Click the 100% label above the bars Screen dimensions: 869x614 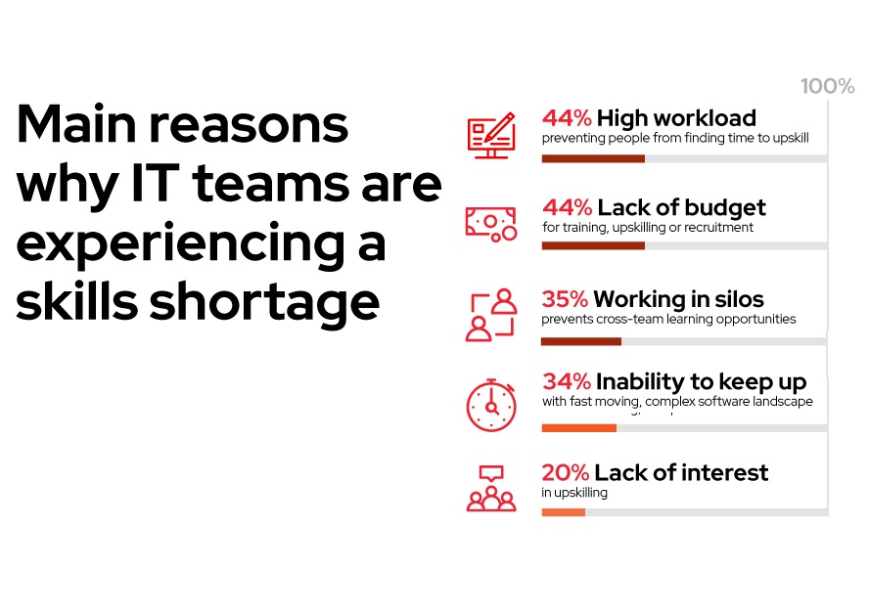(x=828, y=86)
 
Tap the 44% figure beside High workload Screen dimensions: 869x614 (x=567, y=118)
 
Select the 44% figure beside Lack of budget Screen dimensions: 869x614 (x=568, y=207)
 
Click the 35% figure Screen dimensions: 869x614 (x=565, y=299)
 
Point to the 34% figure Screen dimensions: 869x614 (x=567, y=381)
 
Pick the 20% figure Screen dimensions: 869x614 (x=566, y=473)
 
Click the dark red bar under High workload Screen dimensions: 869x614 (x=593, y=159)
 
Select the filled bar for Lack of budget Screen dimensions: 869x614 (x=593, y=245)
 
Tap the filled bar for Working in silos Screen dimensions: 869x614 (x=581, y=341)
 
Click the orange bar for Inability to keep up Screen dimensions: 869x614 (x=579, y=428)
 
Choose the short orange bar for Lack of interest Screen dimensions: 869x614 (x=563, y=512)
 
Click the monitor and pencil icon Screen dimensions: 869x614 (x=491, y=136)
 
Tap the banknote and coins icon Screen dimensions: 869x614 (x=491, y=224)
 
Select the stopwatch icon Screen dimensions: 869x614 (x=491, y=405)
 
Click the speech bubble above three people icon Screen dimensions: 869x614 (x=491, y=488)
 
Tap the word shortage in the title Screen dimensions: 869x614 (x=264, y=303)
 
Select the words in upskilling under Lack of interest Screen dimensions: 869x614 (x=574, y=493)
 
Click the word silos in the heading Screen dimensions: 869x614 (x=739, y=299)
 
